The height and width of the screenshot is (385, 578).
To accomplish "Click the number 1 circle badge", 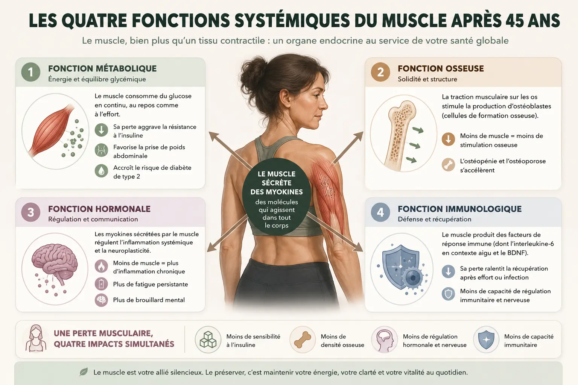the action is [31, 72].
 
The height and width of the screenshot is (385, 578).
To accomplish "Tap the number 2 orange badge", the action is [380, 72].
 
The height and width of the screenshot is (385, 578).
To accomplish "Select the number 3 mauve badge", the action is [31, 212].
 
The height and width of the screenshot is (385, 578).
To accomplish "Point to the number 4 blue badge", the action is [380, 212].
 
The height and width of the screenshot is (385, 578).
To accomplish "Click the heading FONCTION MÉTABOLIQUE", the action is [102, 68].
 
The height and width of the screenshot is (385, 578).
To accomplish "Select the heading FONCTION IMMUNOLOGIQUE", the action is [459, 209].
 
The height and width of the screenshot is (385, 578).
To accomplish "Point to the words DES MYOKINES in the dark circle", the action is [276, 192].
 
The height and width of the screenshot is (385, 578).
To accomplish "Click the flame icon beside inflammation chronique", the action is [101, 266].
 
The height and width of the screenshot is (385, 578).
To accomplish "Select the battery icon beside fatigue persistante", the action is [101, 284].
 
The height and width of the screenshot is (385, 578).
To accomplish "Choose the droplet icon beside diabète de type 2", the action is [101, 171].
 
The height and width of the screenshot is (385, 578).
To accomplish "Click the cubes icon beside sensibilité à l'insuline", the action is [208, 340].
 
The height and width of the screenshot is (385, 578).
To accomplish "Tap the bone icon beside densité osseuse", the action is [303, 340].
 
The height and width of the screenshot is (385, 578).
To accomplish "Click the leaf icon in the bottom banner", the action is [84, 372].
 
